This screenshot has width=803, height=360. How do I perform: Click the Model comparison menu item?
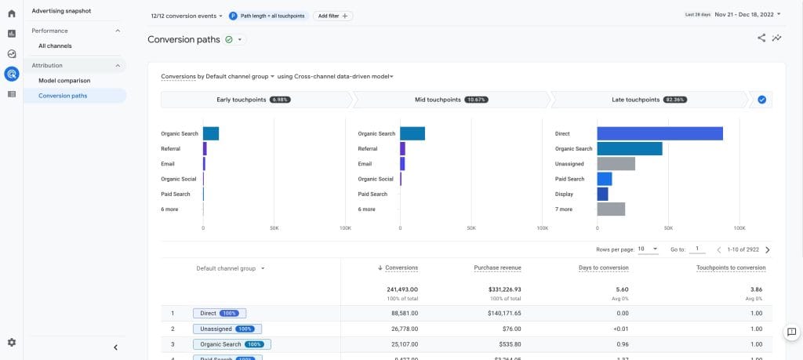[x=64, y=81]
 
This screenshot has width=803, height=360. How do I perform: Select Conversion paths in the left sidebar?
[x=63, y=96]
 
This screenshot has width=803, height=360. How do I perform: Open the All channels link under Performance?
[x=55, y=46]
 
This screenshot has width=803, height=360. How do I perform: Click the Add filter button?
[x=333, y=16]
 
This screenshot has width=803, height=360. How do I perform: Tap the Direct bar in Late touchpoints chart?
[x=659, y=133]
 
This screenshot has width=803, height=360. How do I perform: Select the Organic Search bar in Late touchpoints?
[x=629, y=148]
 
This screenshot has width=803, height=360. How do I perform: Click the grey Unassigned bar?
[x=616, y=164]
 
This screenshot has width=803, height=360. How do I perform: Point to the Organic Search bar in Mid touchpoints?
[x=412, y=133]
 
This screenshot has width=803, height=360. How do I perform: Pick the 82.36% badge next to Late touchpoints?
[x=675, y=100]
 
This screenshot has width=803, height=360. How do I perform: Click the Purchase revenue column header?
[x=497, y=268]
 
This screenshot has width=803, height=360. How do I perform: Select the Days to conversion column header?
[x=604, y=268]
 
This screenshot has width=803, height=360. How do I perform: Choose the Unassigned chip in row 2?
[x=227, y=329]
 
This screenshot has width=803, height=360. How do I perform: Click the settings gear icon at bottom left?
[x=12, y=343]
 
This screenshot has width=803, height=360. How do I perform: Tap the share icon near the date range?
[x=761, y=38]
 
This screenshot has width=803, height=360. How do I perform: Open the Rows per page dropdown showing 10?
[x=648, y=249]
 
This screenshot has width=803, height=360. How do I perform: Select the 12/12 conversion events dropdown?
[x=186, y=16]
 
